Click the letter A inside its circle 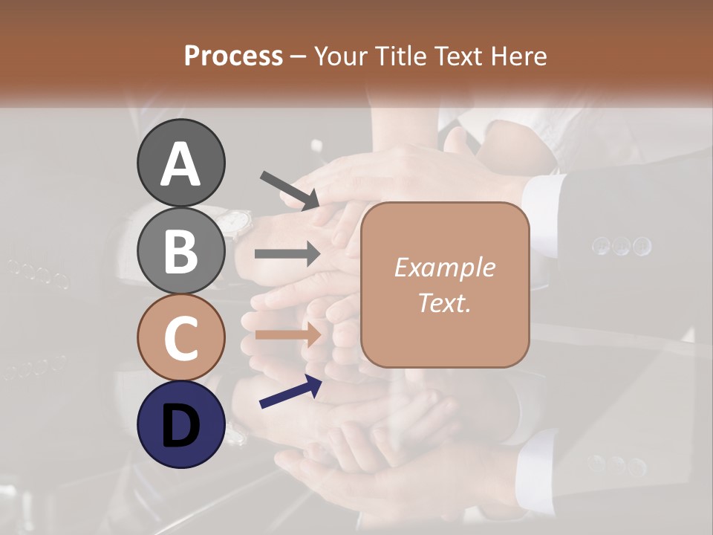[x=180, y=164]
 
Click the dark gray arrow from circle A [x=290, y=189]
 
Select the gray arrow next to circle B [x=287, y=254]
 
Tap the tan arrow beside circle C [x=287, y=334]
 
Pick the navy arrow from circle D [x=290, y=392]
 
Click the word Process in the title [x=233, y=56]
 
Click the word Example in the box [x=444, y=267]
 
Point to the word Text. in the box [x=444, y=303]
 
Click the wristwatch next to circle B [x=236, y=222]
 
